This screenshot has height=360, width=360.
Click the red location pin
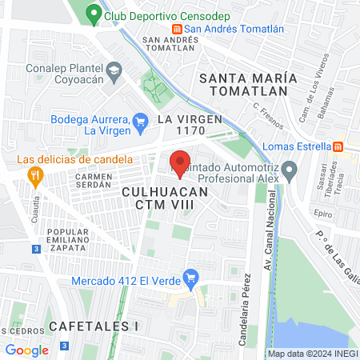pos(180,163)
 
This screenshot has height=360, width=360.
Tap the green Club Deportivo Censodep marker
pos(94,14)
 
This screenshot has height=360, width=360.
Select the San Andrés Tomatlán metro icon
pos(178,29)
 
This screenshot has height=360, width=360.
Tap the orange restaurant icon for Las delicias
pos(34,174)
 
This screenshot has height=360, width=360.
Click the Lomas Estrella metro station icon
pos(338,146)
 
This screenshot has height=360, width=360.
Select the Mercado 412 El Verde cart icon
pos(190,280)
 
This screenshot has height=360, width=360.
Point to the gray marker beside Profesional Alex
pos(290,170)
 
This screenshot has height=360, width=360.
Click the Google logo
pos(27,350)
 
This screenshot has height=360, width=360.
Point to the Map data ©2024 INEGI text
pos(312,353)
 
